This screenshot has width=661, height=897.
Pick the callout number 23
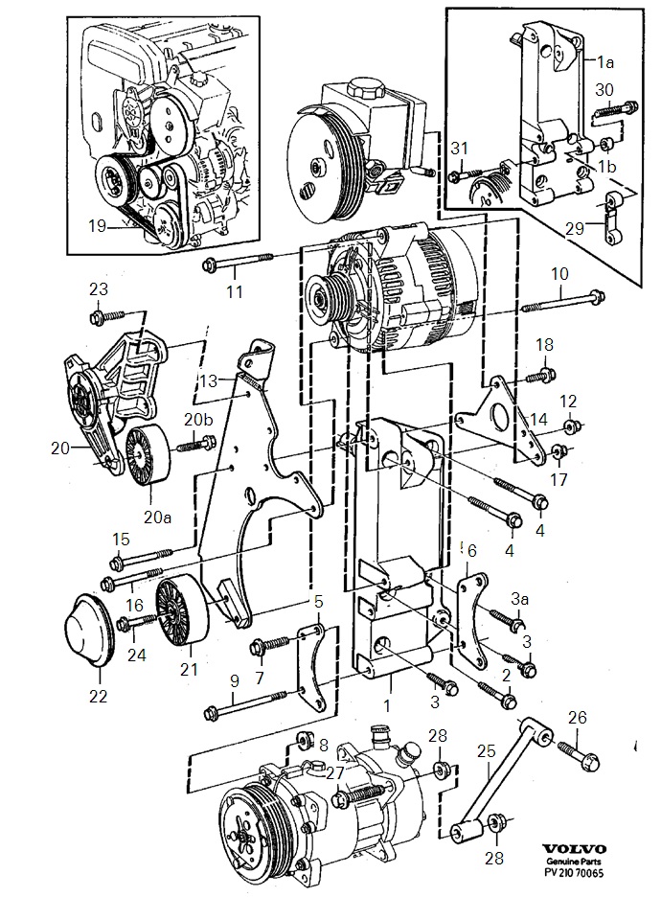pyautogui.click(x=100, y=288)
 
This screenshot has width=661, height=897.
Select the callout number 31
pyautogui.click(x=460, y=147)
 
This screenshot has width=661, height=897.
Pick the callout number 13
pyautogui.click(x=209, y=380)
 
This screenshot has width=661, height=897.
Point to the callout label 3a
pyautogui.click(x=519, y=598)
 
